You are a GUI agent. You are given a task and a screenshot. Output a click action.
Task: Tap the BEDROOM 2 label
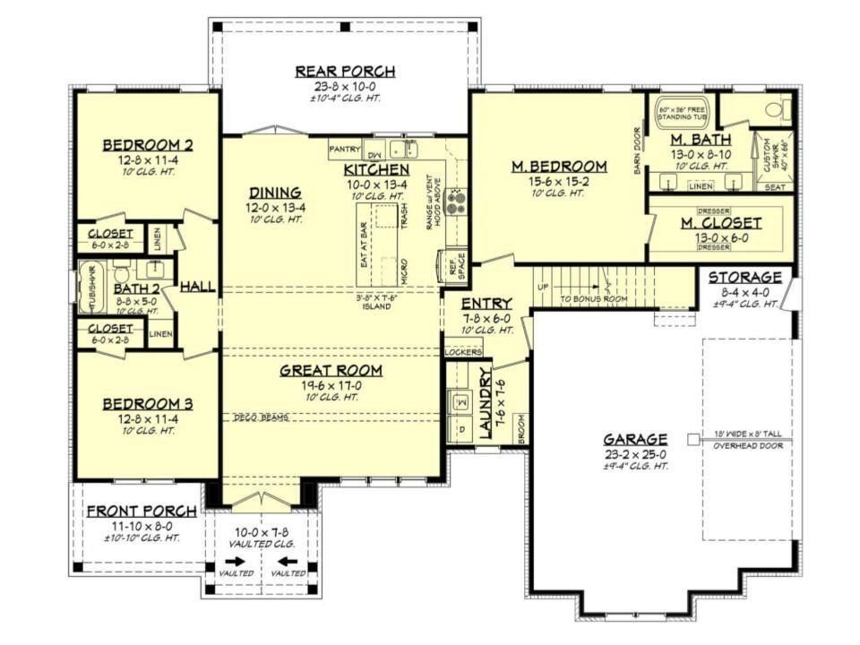147,146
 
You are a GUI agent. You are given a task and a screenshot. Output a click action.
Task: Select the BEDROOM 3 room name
147,403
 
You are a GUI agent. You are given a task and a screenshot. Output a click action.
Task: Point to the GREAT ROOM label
331,370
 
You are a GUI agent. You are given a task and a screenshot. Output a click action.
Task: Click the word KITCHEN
376,169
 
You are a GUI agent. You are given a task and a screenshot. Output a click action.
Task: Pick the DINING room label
275,193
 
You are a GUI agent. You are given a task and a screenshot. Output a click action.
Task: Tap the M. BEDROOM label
559,167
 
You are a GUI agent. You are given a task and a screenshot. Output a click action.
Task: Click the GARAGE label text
634,439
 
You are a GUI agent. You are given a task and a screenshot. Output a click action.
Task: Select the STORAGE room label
745,278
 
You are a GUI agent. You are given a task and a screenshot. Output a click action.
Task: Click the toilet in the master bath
775,111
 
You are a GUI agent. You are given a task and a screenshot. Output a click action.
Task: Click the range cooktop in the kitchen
455,202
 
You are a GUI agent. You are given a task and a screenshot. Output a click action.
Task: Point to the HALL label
197,287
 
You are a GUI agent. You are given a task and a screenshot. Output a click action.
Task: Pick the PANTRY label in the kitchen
344,149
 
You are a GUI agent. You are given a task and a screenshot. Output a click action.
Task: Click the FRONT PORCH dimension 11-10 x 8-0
142,526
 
